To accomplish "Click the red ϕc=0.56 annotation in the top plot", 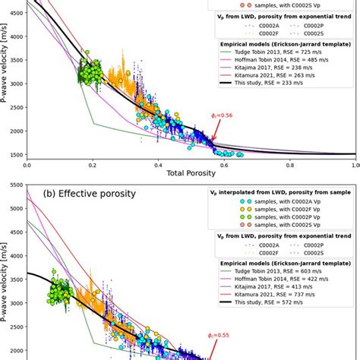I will (223, 116).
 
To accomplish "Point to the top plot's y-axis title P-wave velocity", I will (7, 84).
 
